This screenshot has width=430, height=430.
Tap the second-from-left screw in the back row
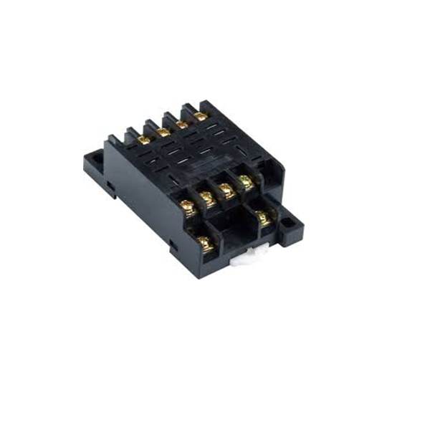(x=163, y=132)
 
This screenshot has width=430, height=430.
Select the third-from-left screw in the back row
(x=183, y=124)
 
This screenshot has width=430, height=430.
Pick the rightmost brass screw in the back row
(x=201, y=116)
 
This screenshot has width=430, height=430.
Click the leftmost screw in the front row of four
(x=188, y=209)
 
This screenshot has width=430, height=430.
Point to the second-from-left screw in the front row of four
(x=209, y=199)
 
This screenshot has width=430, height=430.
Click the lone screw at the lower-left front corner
(x=204, y=244)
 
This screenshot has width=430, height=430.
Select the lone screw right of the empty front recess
(x=264, y=218)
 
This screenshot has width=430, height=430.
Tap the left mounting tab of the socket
(x=93, y=164)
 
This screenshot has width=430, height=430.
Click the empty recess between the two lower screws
(x=233, y=233)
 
